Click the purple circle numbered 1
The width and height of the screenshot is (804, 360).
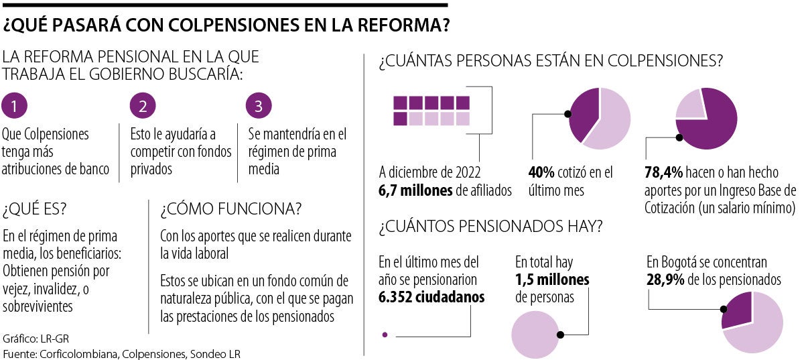[x=15, y=105]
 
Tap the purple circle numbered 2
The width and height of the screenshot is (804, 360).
[x=143, y=105]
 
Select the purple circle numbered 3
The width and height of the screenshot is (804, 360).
[x=259, y=105]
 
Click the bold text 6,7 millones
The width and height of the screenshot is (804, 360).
[x=415, y=191]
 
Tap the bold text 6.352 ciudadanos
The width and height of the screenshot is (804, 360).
[x=431, y=296]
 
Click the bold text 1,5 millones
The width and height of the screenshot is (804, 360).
[x=552, y=279]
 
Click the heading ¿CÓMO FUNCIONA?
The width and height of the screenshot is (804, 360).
[x=230, y=209]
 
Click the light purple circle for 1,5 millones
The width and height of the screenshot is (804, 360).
[x=536, y=333]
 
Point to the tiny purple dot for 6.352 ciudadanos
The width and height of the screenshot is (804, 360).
[x=384, y=334]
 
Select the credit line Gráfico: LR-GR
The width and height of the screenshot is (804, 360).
[x=31, y=338]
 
